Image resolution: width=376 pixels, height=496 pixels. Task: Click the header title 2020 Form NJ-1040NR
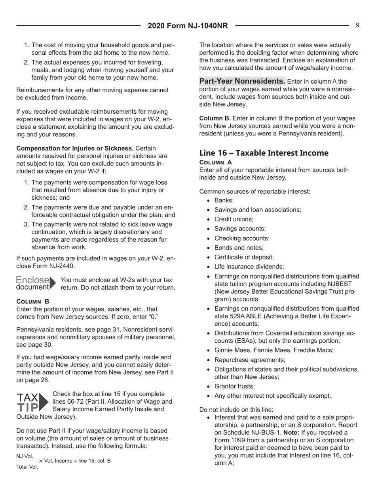point(188,26)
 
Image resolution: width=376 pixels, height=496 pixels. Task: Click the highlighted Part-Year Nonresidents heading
point(237,81)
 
